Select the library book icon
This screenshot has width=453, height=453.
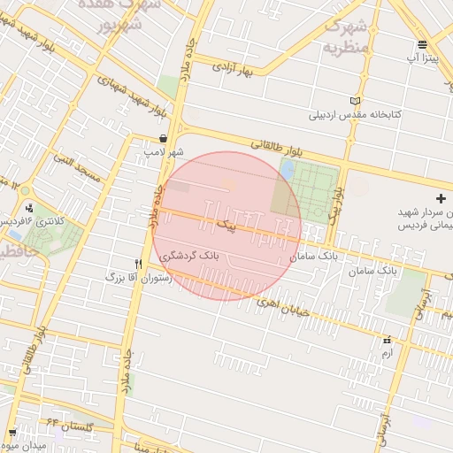click(356, 101)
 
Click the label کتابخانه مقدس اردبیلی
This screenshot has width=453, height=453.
click(356, 115)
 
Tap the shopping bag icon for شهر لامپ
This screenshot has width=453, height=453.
click(165, 138)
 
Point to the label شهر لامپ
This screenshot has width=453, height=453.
click(166, 152)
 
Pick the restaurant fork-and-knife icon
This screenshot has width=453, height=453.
click(138, 263)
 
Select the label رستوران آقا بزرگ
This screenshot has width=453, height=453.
click(137, 277)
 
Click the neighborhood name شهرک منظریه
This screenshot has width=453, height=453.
click(346, 35)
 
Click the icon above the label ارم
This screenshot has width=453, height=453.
click(386, 340)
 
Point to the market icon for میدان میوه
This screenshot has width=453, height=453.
click(12, 433)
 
